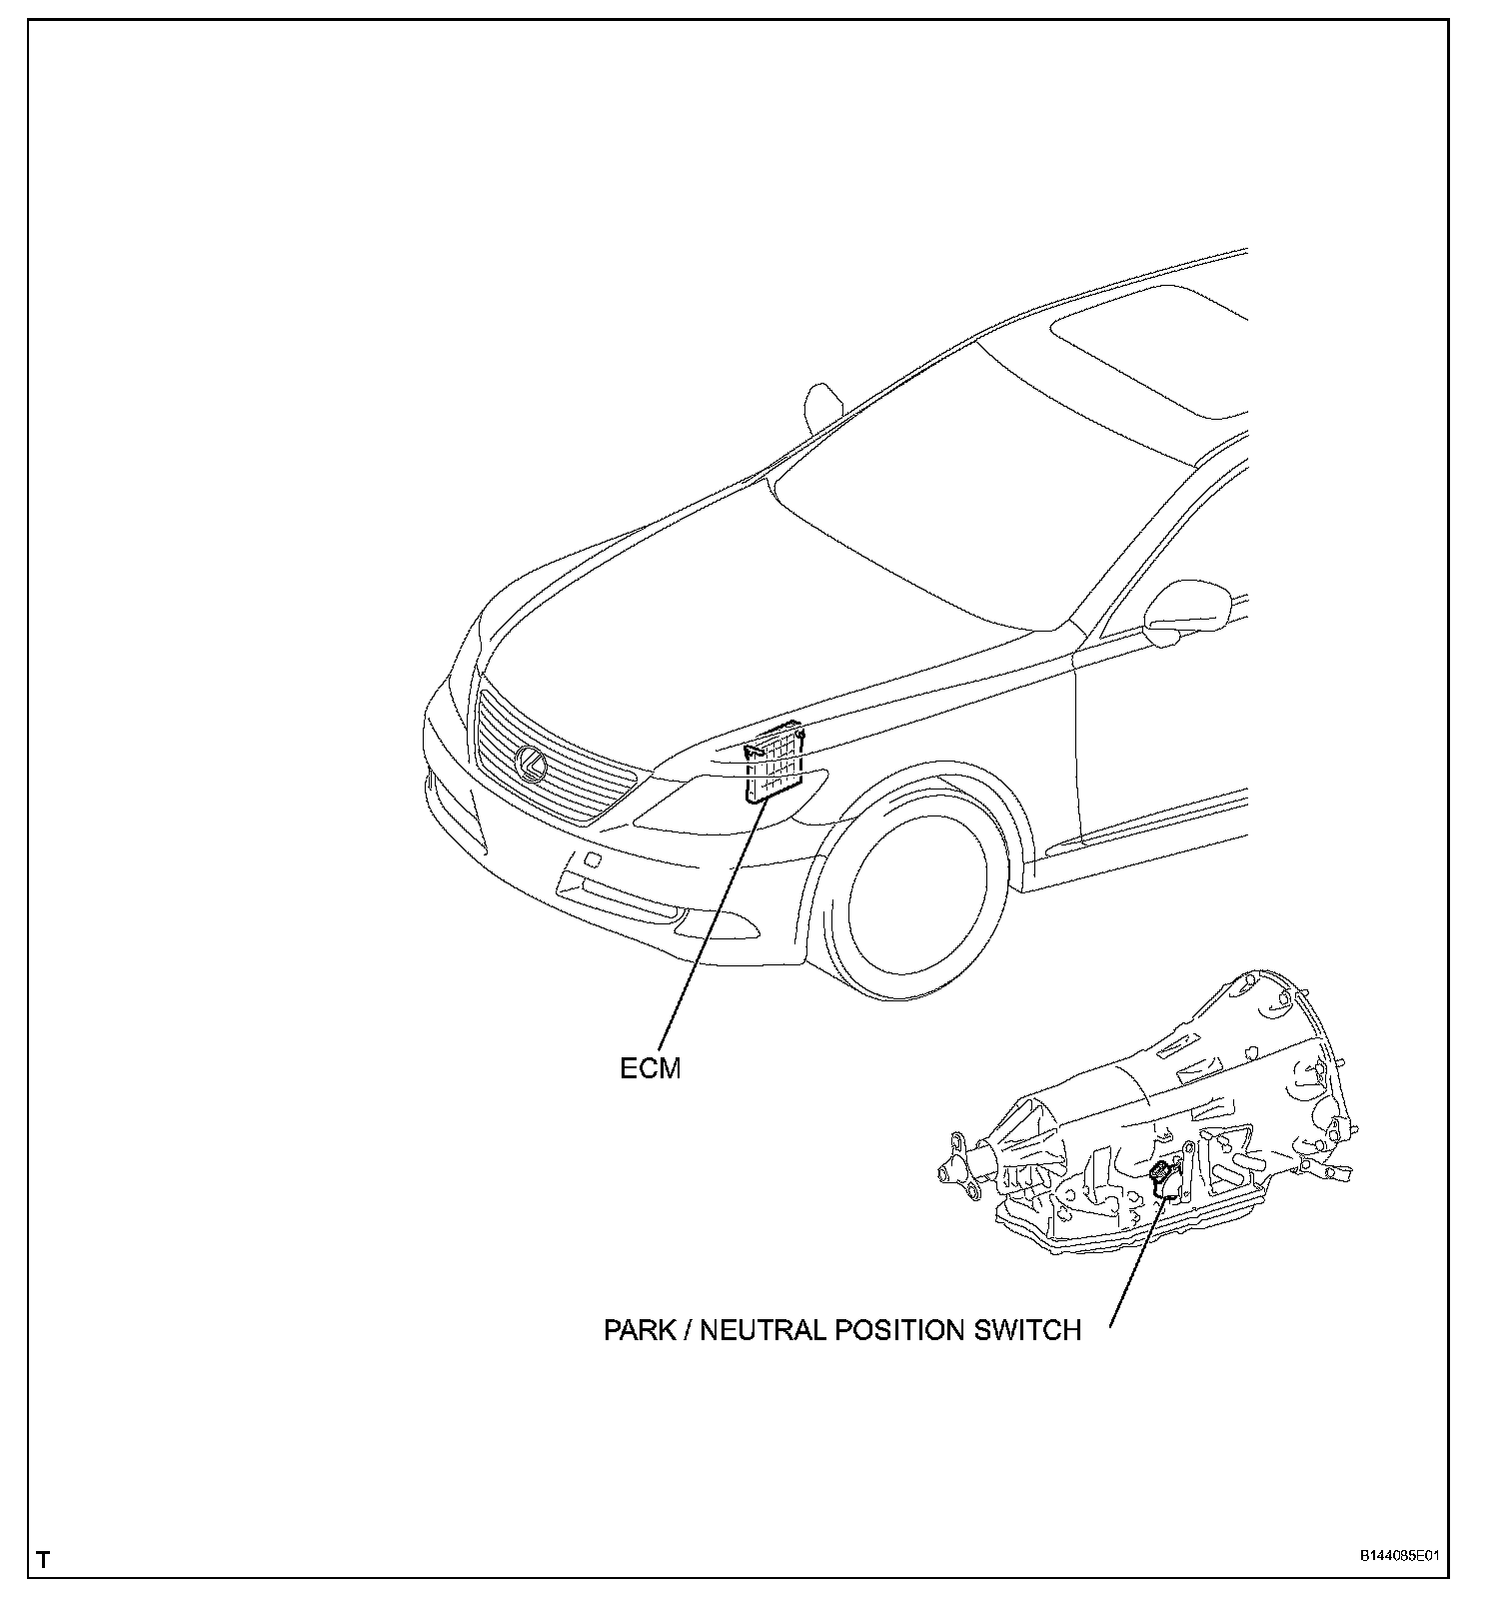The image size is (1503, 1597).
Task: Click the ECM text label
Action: (x=650, y=1069)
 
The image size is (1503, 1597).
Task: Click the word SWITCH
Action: (x=1027, y=1331)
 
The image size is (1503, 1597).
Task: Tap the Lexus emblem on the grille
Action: (x=530, y=764)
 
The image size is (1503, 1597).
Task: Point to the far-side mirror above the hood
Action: (x=821, y=408)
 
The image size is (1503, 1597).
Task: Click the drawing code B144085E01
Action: (x=1398, y=1556)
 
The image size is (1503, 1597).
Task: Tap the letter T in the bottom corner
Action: (x=43, y=1559)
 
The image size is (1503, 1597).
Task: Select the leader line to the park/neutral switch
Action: (x=1135, y=1259)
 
